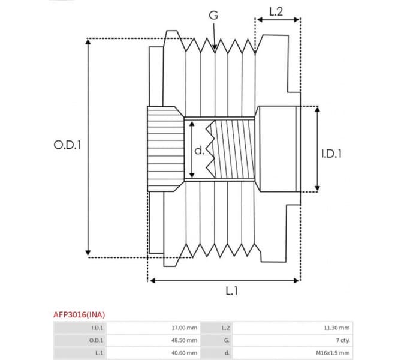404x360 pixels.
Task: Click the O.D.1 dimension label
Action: point(67,145)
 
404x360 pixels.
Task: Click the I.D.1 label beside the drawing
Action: point(331,154)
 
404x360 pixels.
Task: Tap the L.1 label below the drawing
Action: point(232,291)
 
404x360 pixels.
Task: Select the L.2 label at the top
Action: point(276,11)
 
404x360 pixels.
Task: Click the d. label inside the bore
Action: point(200,150)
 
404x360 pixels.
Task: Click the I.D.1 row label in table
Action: point(97,328)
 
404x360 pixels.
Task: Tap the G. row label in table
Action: point(225,340)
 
